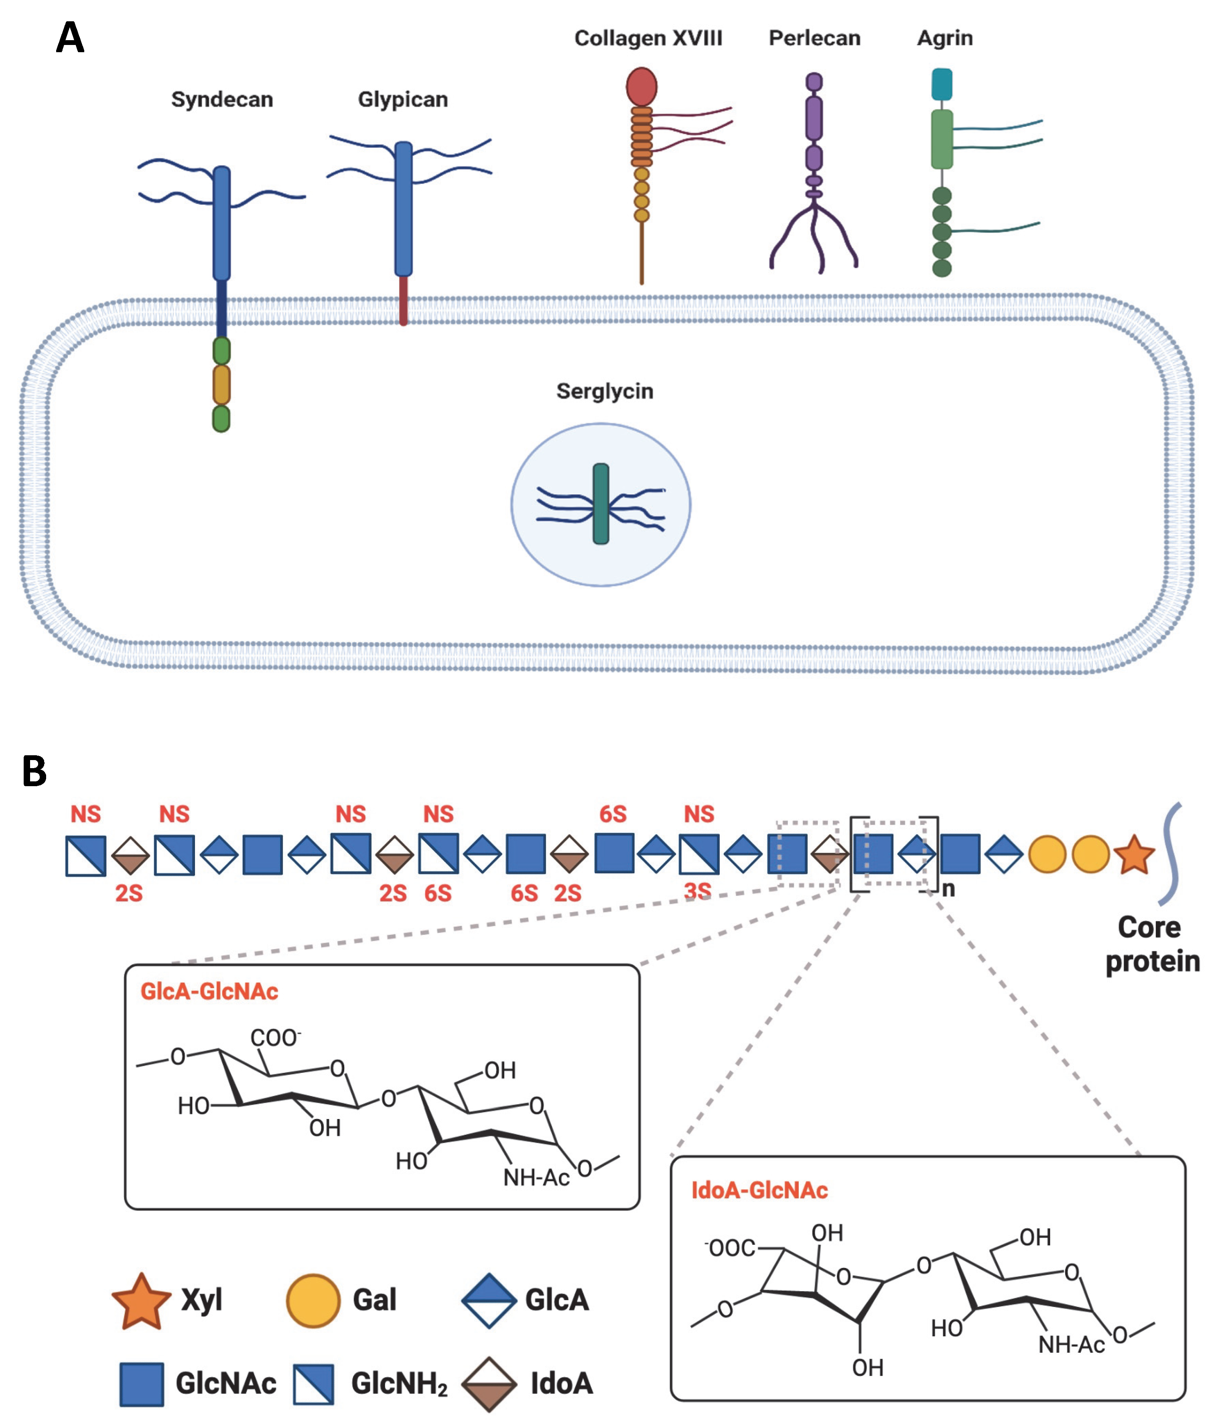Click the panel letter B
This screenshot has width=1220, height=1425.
(x=35, y=771)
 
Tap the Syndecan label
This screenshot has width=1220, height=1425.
(x=222, y=100)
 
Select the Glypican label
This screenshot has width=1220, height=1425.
(x=403, y=100)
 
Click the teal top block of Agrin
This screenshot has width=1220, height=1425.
(x=942, y=84)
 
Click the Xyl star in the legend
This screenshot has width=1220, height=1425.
(x=141, y=1300)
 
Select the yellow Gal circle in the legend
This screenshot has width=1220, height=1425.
(x=313, y=1300)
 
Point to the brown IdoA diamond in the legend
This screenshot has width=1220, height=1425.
(x=489, y=1384)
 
